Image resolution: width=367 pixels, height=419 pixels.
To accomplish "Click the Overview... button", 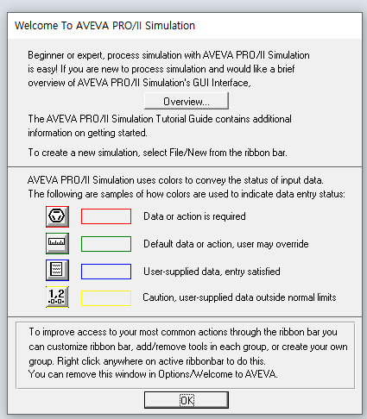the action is coord(187,101).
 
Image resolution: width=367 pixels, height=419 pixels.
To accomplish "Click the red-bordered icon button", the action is coord(57,216).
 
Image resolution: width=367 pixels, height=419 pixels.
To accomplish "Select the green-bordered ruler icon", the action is coord(57,243).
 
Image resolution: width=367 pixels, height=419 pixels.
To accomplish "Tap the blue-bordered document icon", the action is coord(57,270).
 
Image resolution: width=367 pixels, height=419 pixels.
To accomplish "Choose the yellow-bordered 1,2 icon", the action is coord(57,297).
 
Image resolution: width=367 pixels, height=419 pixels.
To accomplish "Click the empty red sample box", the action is coord(106,216).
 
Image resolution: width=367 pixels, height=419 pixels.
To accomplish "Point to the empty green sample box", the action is coord(106,244).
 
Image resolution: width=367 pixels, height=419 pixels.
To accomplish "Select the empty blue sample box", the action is coord(106,272).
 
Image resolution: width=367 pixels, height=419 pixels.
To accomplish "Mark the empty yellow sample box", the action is coord(106,298).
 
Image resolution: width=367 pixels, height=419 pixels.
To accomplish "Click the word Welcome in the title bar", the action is coord(36,26).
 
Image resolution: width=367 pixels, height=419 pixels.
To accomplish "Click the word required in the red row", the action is coord(229,216).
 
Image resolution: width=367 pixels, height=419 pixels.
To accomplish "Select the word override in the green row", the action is coord(292,244).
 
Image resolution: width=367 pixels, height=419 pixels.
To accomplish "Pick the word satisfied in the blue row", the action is coord(263,272).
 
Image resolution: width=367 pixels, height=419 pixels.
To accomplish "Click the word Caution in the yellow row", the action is coord(159,297).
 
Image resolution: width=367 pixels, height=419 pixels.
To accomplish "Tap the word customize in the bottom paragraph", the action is coord(67,347).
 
